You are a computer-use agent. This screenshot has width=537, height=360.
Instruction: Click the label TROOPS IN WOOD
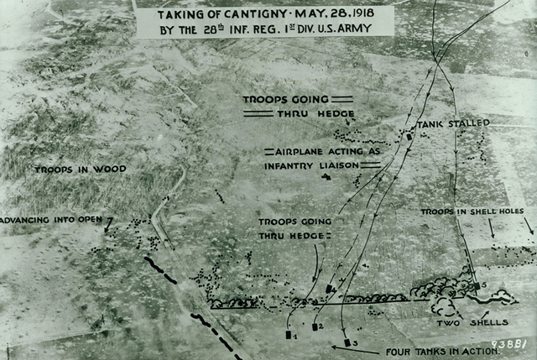coord(81,170)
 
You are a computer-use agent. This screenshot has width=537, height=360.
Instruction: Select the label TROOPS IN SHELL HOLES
coord(472,211)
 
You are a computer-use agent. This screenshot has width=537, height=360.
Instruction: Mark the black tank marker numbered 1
coord(289,334)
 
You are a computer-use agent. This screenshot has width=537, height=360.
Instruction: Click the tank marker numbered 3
coord(347,342)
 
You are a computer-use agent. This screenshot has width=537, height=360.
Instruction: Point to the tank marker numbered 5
coord(476,286)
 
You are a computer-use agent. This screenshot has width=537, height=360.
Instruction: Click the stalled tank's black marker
coord(409,136)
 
